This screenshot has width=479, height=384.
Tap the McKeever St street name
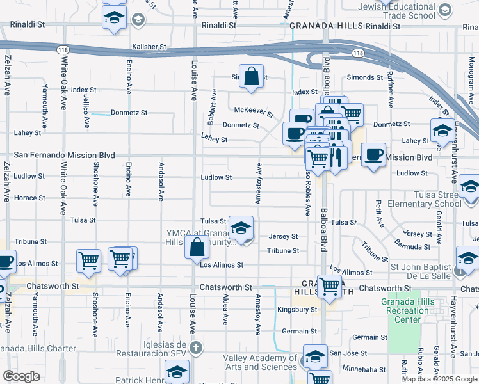pyautogui.click(x=254, y=111)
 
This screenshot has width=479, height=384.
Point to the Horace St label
pyautogui.click(x=29, y=198)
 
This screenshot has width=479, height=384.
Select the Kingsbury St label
pyautogui.click(x=297, y=310)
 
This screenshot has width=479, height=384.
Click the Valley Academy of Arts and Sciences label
pyautogui.click(x=260, y=362)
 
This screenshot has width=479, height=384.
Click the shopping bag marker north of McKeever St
pyautogui.click(x=252, y=76)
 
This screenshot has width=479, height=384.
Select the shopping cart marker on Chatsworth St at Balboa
pyautogui.click(x=329, y=286)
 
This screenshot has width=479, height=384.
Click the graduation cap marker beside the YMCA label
pyautogui.click(x=241, y=228)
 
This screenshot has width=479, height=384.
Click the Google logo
pyautogui.click(x=22, y=376)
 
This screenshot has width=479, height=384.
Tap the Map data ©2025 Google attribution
pyautogui.click(x=439, y=379)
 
